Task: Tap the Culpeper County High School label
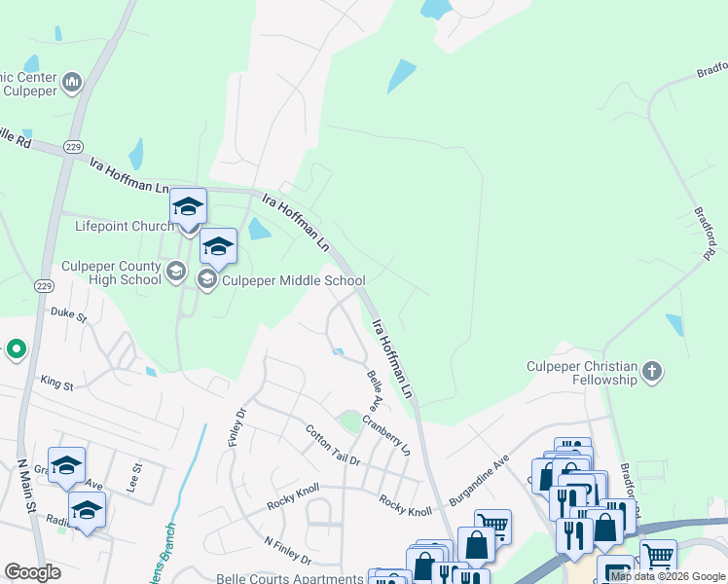tap(111, 273)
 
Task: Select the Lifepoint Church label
tap(124, 226)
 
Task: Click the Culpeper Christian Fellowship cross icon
tap(652, 371)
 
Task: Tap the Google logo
tap(32, 572)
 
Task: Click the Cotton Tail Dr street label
tap(332, 445)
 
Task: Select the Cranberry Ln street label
tap(387, 437)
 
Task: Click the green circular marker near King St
tap(17, 347)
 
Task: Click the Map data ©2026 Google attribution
tap(669, 576)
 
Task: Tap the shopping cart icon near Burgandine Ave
tap(494, 527)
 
